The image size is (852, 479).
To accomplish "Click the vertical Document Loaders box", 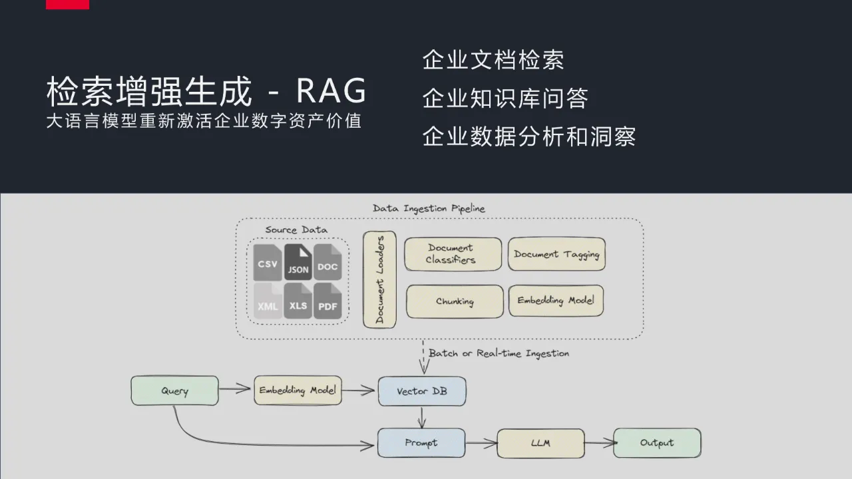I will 379,279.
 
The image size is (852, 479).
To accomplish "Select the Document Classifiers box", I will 453,254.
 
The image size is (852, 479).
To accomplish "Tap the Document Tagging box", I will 556,254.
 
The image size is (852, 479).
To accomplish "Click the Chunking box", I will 455,301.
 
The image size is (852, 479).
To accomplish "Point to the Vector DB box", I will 422,391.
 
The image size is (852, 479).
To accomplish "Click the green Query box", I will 174,391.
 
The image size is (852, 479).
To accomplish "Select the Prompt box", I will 421,443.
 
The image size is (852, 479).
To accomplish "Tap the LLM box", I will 540,443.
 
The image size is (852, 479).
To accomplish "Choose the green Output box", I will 657,443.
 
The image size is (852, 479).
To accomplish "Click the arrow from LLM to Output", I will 599,443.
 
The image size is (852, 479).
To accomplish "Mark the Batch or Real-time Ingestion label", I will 499,353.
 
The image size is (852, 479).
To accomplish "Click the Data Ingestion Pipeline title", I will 429,208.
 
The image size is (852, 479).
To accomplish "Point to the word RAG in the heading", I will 331,91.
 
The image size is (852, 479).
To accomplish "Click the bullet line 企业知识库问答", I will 505,98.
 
